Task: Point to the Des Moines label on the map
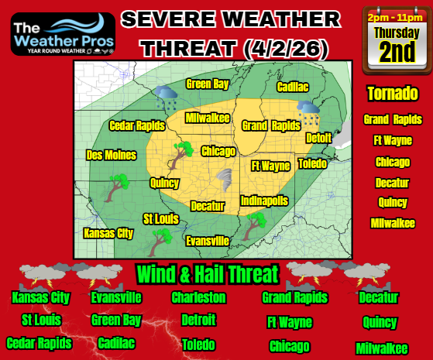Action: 111,154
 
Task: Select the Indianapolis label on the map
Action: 264,201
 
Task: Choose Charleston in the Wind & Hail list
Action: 198,297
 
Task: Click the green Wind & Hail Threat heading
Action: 207,274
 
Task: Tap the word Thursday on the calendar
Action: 397,33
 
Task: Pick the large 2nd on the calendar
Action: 397,53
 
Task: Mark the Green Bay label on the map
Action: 207,84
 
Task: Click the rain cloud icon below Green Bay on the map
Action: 166,98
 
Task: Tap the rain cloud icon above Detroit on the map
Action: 310,113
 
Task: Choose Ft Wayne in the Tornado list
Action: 393,141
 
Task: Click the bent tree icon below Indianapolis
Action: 252,225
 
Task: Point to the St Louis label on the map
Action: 160,219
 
